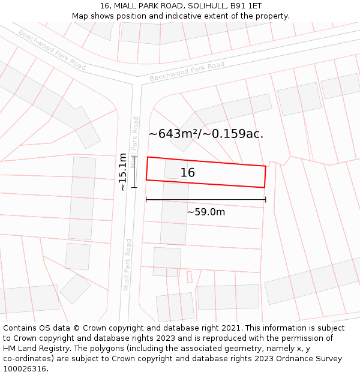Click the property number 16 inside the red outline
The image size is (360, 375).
188,173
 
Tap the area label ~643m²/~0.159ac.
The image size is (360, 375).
206,134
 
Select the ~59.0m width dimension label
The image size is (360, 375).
206,212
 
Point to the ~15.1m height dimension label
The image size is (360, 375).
122,172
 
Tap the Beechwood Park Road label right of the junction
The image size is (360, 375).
187,71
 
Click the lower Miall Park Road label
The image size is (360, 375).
127,265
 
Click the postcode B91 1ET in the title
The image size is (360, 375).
247,5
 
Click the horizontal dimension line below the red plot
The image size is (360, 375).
206,200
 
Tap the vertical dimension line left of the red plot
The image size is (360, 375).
134,172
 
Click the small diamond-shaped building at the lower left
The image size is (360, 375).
75,289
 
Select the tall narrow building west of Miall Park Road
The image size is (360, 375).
82,198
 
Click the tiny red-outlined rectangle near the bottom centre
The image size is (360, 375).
190,277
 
